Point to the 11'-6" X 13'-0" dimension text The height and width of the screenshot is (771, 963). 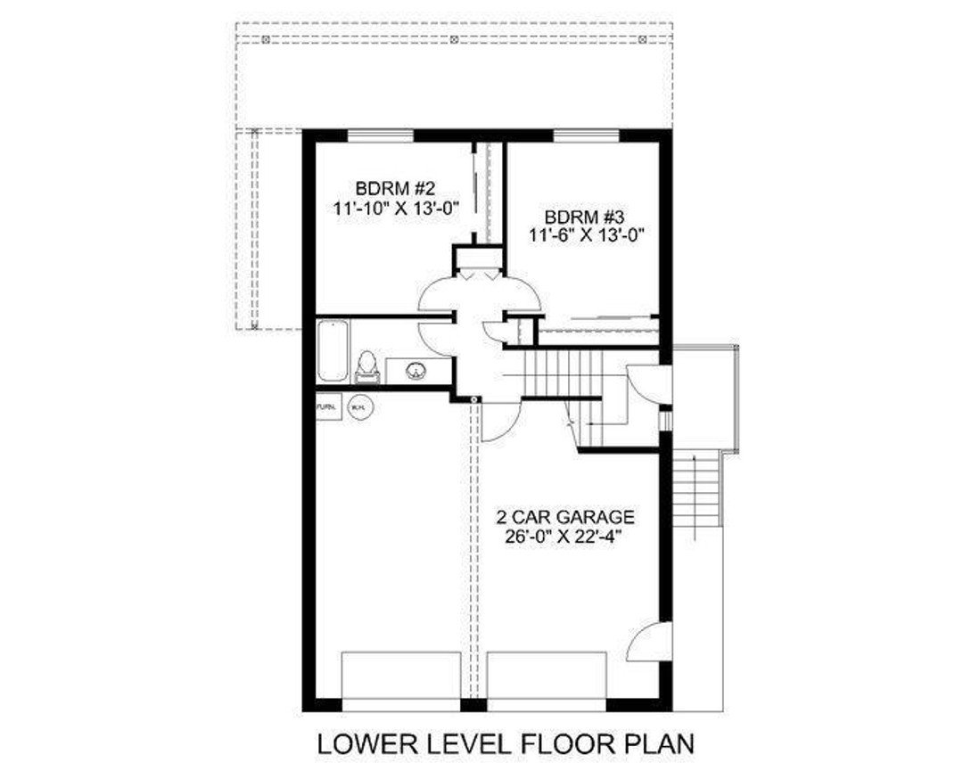point(586,235)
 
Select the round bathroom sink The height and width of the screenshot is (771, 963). point(416,370)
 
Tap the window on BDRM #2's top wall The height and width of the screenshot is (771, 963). point(381,135)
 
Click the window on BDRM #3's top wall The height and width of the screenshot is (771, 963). point(586,135)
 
